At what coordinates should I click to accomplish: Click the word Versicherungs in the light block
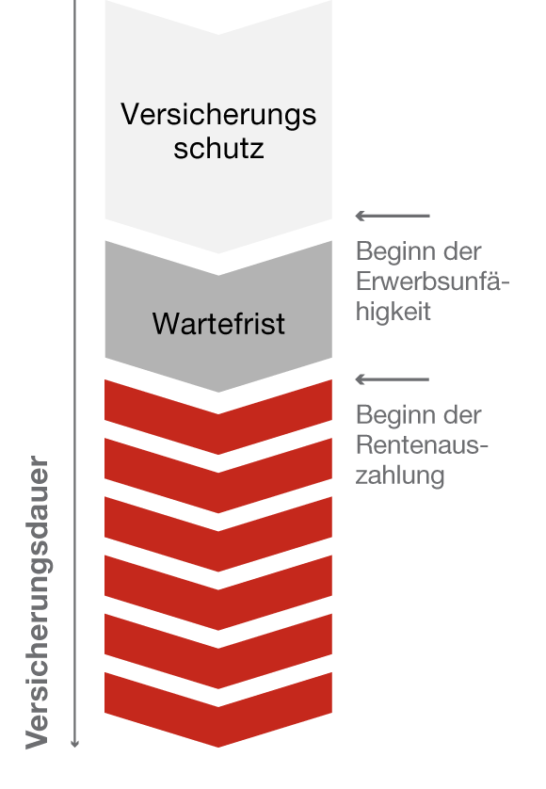[x=218, y=114]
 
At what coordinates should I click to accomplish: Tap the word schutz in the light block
[x=219, y=149]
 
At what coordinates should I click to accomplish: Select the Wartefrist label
[x=218, y=323]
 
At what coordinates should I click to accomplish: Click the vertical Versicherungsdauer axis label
[x=38, y=603]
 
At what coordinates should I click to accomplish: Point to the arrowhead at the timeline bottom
[x=75, y=744]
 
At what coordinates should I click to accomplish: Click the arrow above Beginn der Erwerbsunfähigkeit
[x=393, y=216]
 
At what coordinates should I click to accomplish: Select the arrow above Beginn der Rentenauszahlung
[x=393, y=379]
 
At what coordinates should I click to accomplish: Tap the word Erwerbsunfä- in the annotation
[x=433, y=282]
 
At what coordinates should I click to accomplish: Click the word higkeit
[x=393, y=312]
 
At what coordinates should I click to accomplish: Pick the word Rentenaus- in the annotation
[x=422, y=445]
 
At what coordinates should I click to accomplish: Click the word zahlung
[x=400, y=475]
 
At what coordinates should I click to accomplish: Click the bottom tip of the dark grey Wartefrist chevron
[x=218, y=392]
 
